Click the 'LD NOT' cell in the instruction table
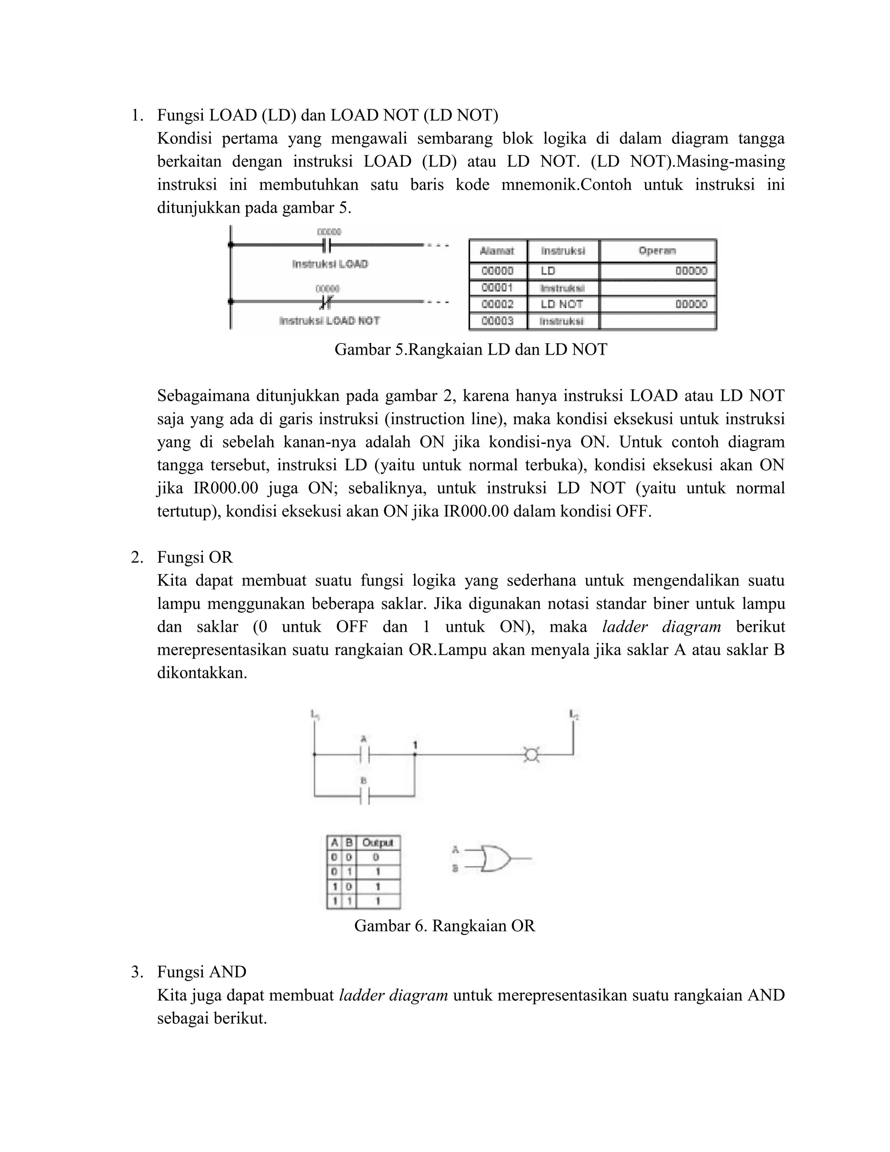pos(561,304)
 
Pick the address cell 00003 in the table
pos(497,321)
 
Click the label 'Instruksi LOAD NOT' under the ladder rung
pos(329,321)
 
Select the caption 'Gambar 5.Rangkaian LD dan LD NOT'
pos(470,349)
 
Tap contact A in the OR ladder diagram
pos(364,754)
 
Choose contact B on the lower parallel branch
pos(364,796)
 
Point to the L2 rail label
pos(574,715)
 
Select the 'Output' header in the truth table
pos(378,843)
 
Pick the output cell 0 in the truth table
pos(376,858)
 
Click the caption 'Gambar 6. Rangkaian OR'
pos(445,926)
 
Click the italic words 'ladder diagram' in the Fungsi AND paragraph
pos(393,996)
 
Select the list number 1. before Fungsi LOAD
pos(136,115)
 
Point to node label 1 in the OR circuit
pos(415,745)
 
